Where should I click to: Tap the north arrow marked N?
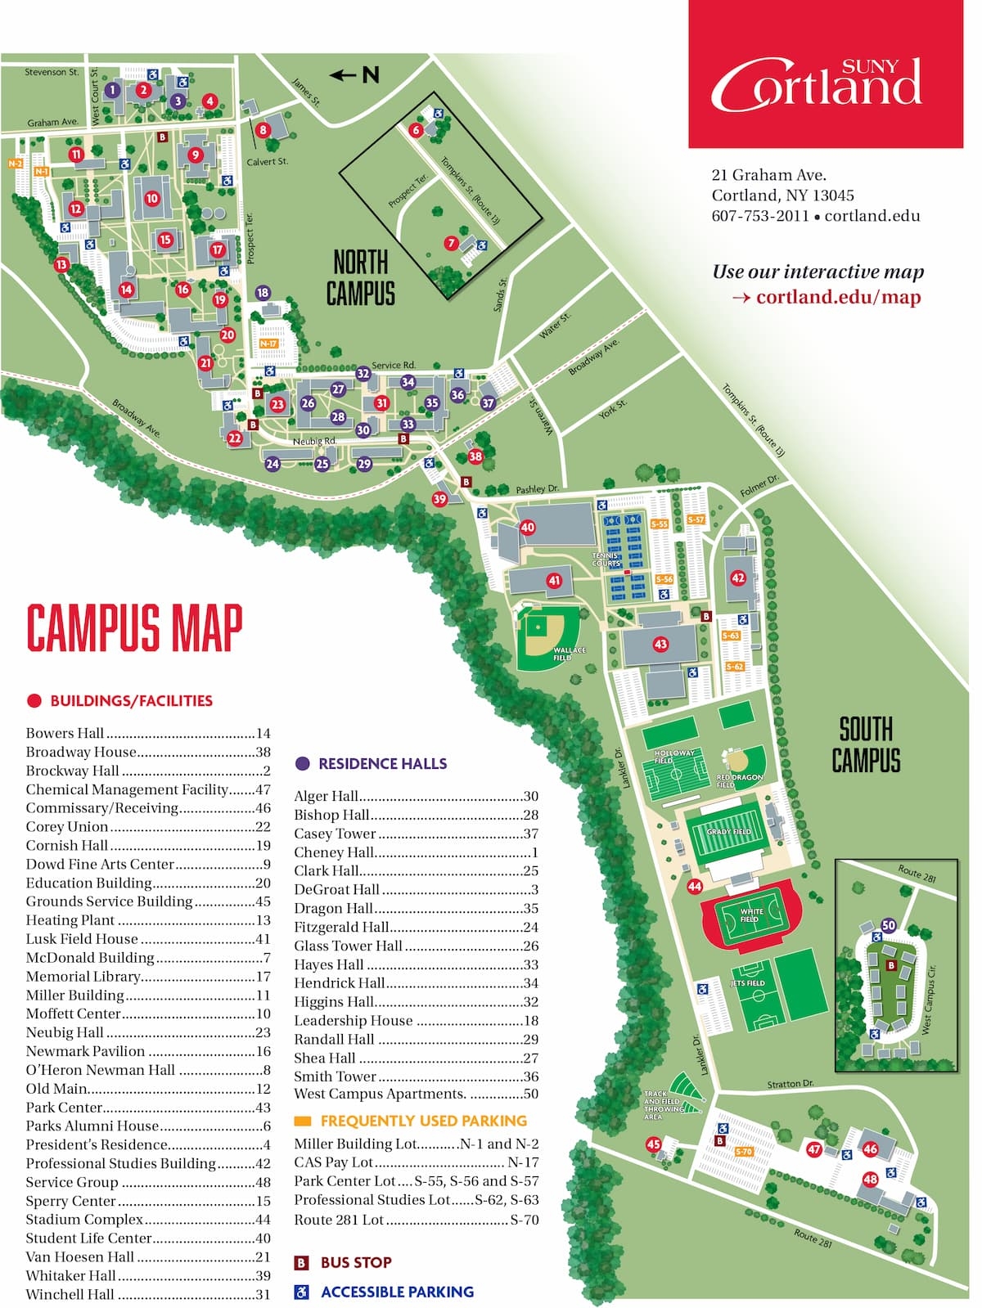355,75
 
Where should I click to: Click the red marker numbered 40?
527,528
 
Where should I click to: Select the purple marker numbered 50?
889,925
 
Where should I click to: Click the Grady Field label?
728,831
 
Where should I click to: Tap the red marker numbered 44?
695,887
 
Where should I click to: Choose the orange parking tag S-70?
743,1152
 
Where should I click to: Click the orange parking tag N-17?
268,344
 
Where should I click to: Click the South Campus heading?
866,744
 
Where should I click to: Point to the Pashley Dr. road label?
537,489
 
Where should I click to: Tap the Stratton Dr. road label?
790,1084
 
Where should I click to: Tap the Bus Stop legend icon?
301,1263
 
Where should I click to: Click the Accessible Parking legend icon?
301,1292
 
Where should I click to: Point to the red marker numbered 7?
451,243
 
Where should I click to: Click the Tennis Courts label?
606,560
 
